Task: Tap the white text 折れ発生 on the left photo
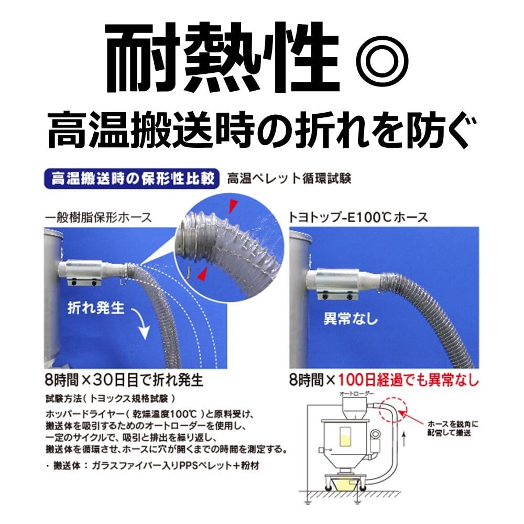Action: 96,308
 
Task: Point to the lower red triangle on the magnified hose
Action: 202,274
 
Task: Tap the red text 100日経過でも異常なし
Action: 408,378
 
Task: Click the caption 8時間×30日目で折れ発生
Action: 124,378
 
